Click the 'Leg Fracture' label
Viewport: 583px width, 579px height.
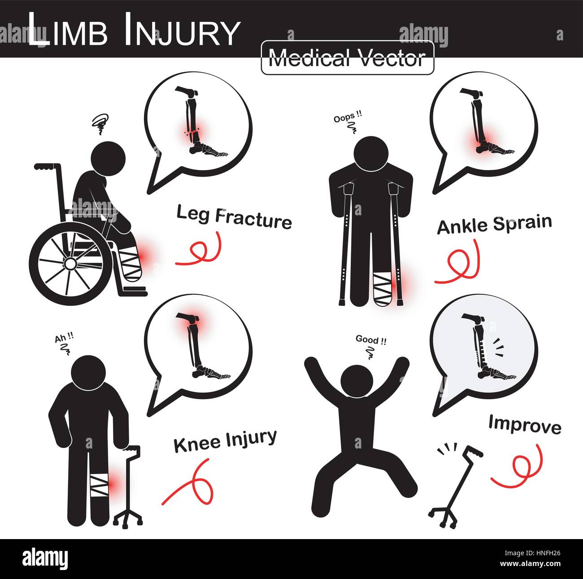coord(234,217)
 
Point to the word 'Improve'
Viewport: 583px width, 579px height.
coord(525,424)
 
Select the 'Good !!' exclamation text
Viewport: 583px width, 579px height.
coord(370,340)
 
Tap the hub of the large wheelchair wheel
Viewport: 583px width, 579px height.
coord(71,264)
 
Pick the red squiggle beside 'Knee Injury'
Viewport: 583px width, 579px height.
coord(190,485)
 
